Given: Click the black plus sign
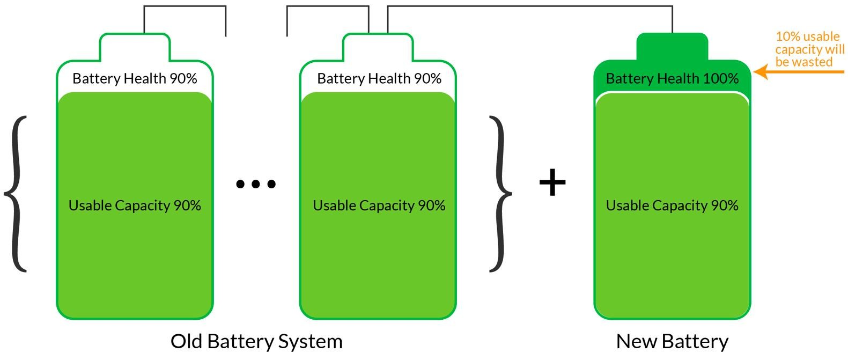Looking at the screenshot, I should (552, 182).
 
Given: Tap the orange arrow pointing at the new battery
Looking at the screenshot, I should (799, 71).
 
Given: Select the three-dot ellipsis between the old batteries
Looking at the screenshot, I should (256, 184).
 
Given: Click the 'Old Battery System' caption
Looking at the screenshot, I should (256, 341).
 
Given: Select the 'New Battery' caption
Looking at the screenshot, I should (672, 341).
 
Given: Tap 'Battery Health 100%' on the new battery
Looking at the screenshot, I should (672, 79).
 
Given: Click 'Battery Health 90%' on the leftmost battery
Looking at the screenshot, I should (135, 79).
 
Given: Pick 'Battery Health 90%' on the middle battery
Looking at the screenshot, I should (379, 79).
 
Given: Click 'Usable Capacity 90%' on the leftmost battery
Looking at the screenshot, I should (135, 205).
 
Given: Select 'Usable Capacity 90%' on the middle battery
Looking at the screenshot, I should (379, 205).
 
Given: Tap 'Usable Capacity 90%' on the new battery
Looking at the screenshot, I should (672, 205).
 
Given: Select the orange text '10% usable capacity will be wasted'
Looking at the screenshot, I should (809, 49).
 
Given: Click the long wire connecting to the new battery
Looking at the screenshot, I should (530, 6).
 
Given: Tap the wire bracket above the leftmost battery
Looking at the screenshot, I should (185, 6).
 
